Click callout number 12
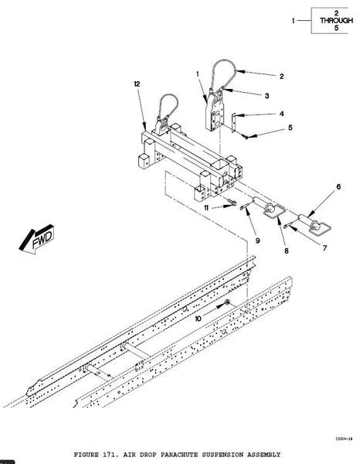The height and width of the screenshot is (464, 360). [x=137, y=84]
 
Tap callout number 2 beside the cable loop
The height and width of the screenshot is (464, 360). [x=282, y=77]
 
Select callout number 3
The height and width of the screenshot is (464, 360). [x=267, y=96]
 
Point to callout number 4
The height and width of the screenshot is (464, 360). [x=282, y=114]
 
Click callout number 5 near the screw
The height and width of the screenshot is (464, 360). [x=290, y=128]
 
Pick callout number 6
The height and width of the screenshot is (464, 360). [x=338, y=186]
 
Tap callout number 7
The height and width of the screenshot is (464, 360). [x=324, y=248]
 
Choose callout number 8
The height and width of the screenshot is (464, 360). [x=286, y=251]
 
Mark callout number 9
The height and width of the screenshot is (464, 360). [x=258, y=241]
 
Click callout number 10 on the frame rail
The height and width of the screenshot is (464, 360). [x=199, y=319]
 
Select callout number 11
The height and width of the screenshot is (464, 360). [x=206, y=208]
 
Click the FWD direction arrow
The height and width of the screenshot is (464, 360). [x=36, y=239]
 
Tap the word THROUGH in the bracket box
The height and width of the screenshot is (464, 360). [x=336, y=20]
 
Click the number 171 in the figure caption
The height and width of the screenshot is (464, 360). [x=112, y=454]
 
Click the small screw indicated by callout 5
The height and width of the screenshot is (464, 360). [x=246, y=136]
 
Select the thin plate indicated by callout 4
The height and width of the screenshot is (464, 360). [x=234, y=122]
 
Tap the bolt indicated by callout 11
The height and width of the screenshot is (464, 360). [x=233, y=203]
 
